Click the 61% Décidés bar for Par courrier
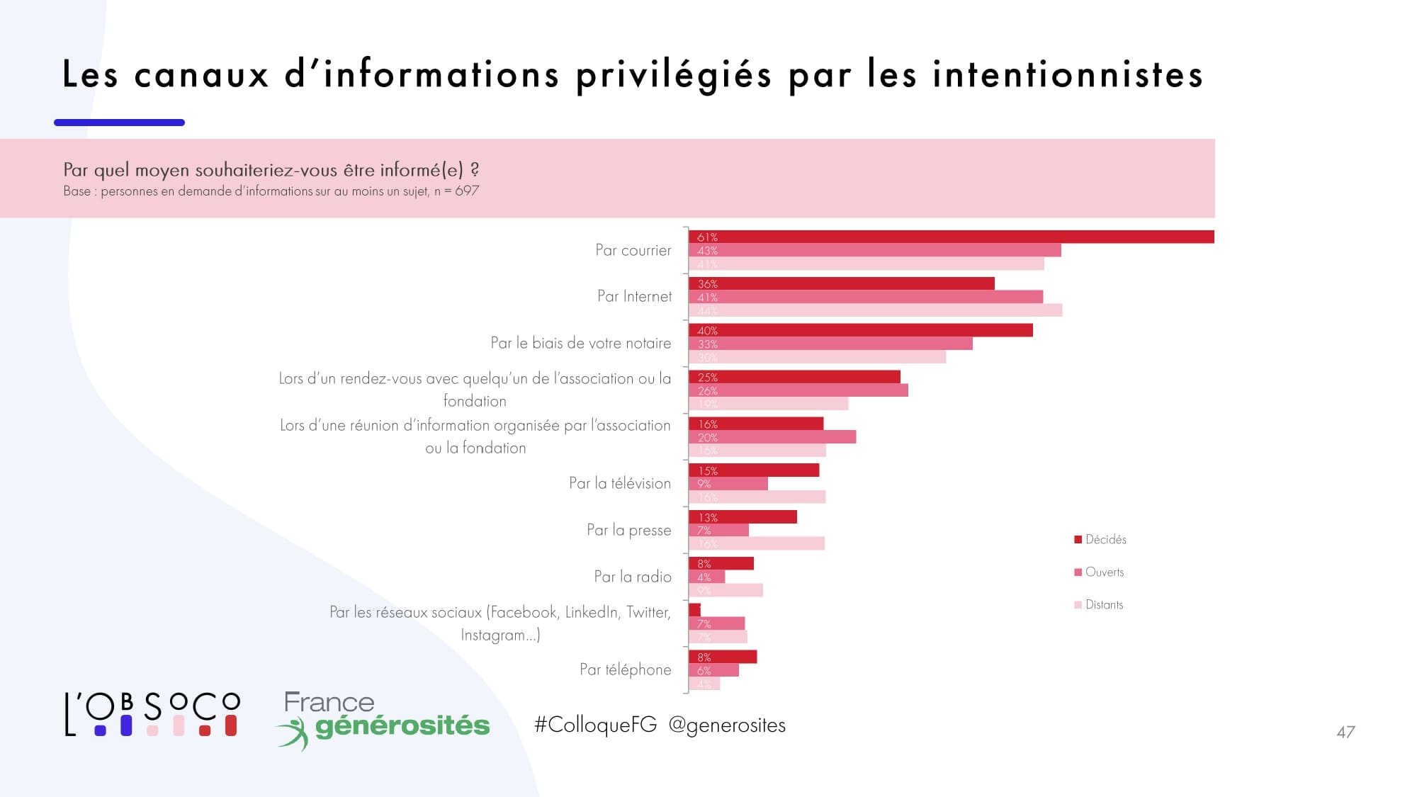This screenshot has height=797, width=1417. pos(951,237)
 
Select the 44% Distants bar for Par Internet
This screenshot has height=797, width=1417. pos(875,310)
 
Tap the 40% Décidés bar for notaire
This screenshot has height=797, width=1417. pos(860,330)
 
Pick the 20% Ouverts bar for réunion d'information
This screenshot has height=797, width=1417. pos(772,437)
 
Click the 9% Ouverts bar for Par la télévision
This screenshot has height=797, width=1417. pos(728,484)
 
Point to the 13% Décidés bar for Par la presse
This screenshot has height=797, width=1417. pos(743,517)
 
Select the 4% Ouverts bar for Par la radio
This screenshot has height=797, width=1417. pos(707,577)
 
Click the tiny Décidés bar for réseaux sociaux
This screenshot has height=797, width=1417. pos(694,609)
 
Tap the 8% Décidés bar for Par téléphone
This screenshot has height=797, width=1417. pos(723,657)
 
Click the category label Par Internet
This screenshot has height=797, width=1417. pos(634,296)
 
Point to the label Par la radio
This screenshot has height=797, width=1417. pos(632,577)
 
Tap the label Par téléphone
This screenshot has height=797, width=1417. pos(625,669)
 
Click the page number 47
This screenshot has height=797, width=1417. pos(1345,732)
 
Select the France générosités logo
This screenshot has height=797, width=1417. pos(383,719)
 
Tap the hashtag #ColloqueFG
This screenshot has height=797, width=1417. pos(595,725)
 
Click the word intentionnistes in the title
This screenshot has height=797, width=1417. pos(1068,74)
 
